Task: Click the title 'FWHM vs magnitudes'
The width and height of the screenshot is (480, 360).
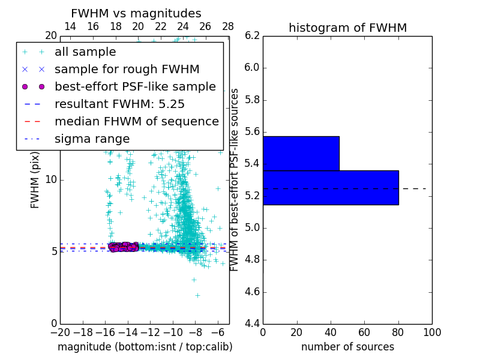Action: click(136, 13)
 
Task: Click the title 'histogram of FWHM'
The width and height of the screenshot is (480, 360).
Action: click(347, 28)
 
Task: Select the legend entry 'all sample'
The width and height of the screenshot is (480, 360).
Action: click(85, 52)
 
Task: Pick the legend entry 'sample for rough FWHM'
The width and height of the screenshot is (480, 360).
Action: click(127, 70)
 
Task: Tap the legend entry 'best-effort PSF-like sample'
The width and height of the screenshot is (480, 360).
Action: click(135, 87)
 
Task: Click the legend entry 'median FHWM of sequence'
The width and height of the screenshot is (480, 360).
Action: click(136, 121)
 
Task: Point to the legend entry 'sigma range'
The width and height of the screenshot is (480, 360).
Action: click(92, 139)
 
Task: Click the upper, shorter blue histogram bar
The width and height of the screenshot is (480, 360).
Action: click(301, 153)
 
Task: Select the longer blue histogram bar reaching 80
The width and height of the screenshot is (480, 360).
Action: click(331, 187)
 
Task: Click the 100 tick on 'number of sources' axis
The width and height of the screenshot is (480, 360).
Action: click(432, 332)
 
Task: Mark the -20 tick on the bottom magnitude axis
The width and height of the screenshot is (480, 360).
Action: click(60, 332)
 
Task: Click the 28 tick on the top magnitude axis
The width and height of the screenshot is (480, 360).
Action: click(228, 26)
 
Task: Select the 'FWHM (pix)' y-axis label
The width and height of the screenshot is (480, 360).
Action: click(35, 180)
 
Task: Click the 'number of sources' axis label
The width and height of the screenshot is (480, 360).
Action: click(347, 347)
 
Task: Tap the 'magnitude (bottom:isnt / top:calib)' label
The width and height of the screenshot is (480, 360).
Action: click(145, 347)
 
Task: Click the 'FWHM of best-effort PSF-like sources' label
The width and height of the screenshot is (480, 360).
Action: click(235, 180)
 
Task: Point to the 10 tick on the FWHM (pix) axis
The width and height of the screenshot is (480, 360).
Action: click(51, 179)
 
